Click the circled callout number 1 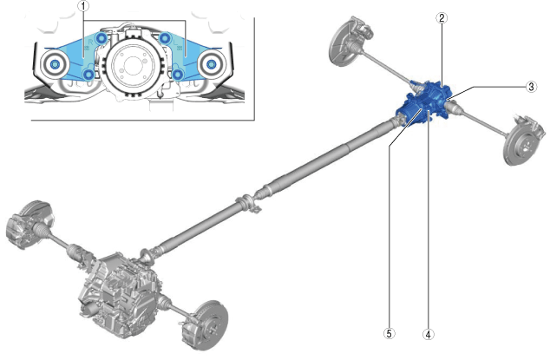pos(83,6)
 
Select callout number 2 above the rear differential pos(442,18)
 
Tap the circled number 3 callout pos(531,87)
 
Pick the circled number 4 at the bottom pos(428,334)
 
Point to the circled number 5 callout pos(389,333)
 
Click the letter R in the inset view pos(90,42)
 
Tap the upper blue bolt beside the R pos(101,38)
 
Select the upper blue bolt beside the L pos(164,37)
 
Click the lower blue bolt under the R pos(88,74)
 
